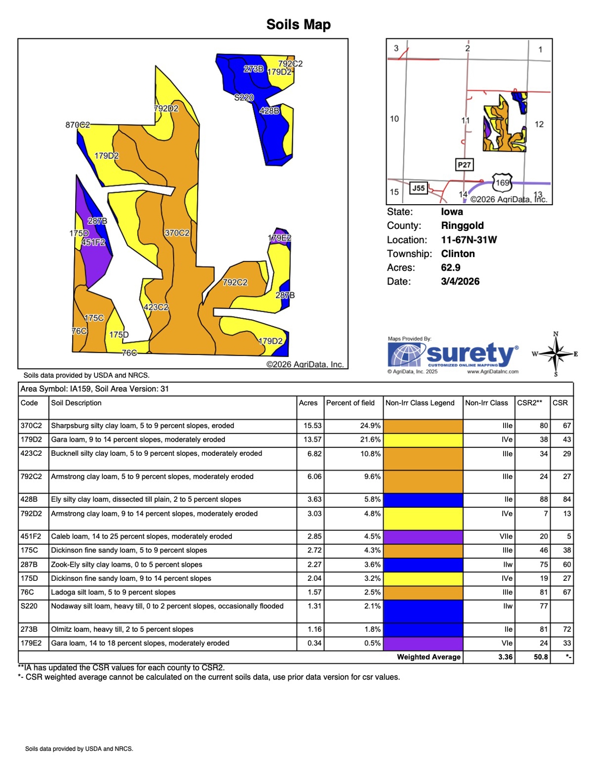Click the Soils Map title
click(x=298, y=24)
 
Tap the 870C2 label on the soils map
click(x=78, y=125)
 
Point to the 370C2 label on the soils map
click(x=177, y=233)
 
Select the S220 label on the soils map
click(x=244, y=97)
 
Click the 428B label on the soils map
click(x=269, y=110)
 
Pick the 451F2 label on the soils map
click(x=93, y=243)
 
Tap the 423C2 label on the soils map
click(x=156, y=307)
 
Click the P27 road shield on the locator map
click(x=464, y=165)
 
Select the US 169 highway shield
click(x=502, y=183)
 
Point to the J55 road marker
click(x=418, y=188)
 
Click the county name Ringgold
click(x=462, y=225)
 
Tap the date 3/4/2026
click(x=460, y=281)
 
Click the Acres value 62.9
click(x=451, y=268)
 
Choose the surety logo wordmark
click(x=471, y=354)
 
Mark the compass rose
click(x=556, y=354)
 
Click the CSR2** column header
click(x=529, y=403)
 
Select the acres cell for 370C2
click(x=313, y=426)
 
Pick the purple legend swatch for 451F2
click(x=423, y=536)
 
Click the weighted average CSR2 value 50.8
click(x=541, y=657)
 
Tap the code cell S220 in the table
click(x=29, y=606)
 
